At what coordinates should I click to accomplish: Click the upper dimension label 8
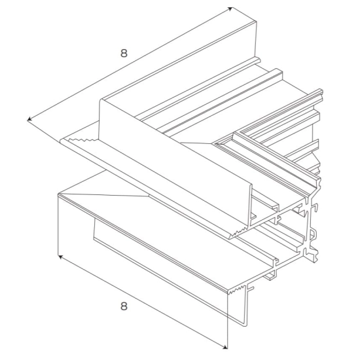coord(124,53)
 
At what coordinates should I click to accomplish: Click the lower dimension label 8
coord(124,306)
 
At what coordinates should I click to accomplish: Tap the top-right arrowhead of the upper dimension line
coord(230,9)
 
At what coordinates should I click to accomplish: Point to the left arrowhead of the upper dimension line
coord(29,119)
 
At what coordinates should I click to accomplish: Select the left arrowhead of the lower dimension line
coord(60,257)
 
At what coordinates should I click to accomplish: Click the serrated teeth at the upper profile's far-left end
coord(82,140)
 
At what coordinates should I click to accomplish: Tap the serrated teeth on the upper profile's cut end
coord(239,232)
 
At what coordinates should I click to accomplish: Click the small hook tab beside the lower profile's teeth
coord(251,288)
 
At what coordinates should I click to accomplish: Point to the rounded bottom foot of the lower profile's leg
coord(245,324)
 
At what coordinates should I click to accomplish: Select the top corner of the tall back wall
coord(256,22)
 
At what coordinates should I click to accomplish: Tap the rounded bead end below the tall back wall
coord(258,61)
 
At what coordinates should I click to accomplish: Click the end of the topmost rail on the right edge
coord(321,92)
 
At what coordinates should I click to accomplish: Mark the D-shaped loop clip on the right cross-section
coord(313,234)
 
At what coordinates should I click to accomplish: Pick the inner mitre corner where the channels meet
coord(215,144)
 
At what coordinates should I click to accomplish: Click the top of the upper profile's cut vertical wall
coord(251,185)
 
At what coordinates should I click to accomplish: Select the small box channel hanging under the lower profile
coord(270,276)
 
